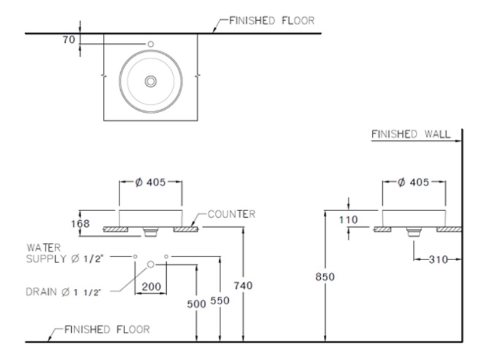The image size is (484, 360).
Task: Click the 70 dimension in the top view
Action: click(68, 39)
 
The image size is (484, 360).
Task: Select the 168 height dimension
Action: click(80, 224)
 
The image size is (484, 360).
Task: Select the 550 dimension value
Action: click(218, 302)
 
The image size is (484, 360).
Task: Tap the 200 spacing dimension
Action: click(151, 286)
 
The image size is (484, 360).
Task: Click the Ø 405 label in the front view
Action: click(150, 183)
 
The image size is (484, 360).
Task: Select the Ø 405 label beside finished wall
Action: click(413, 183)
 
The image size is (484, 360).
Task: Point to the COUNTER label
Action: click(231, 215)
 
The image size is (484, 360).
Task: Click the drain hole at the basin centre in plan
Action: click(150, 81)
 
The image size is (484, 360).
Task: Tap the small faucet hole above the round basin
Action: click(150, 44)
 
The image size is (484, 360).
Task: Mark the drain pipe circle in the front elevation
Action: click(150, 264)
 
